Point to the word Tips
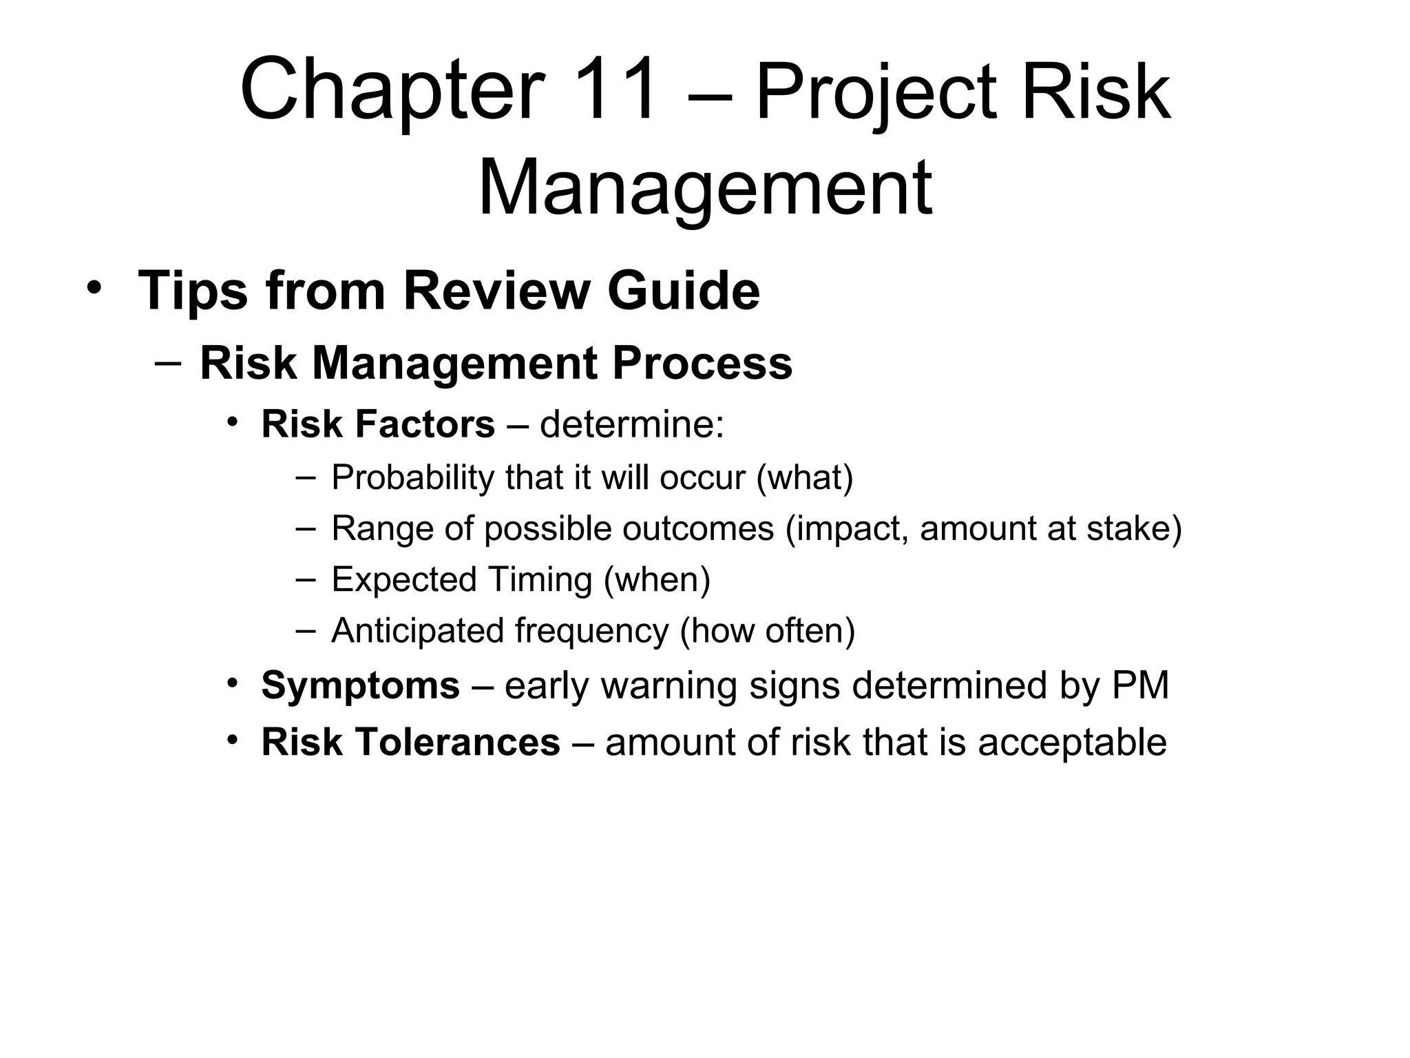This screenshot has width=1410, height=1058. [192, 292]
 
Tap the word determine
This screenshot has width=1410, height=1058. [631, 424]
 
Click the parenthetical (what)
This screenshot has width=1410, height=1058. [805, 477]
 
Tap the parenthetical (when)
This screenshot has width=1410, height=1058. [657, 579]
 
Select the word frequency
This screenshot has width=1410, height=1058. [591, 630]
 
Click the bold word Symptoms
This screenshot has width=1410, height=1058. [360, 686]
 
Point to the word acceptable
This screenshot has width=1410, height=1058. [1072, 743]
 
